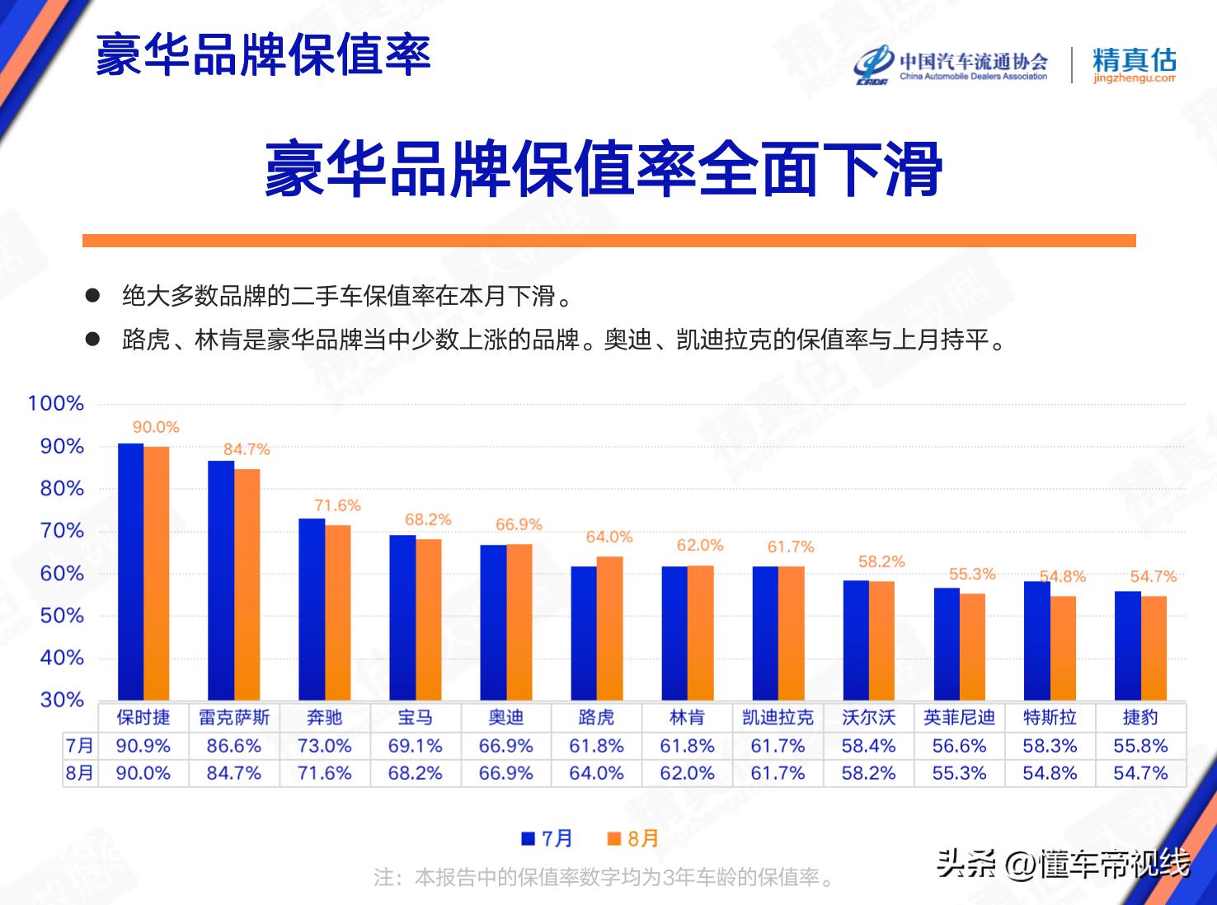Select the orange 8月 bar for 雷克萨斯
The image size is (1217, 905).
click(247, 584)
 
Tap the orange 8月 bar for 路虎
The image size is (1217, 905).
click(609, 628)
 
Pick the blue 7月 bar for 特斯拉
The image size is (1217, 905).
click(1036, 640)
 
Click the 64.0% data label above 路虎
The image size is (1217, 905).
click(609, 537)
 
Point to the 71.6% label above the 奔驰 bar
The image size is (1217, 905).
click(337, 505)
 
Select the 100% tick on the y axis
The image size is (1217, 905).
click(56, 403)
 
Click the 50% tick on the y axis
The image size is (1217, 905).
click(62, 616)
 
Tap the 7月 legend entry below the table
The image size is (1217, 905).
click(547, 838)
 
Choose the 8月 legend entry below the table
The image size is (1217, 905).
click(633, 838)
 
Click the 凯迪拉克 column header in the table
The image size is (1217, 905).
click(778, 717)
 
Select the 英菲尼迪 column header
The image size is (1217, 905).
click(959, 717)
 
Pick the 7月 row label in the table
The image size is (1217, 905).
click(80, 746)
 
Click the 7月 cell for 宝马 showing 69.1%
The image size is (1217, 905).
click(415, 746)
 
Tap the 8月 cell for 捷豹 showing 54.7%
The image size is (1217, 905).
click(1140, 773)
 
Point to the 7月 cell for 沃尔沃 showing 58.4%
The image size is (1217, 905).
click(868, 746)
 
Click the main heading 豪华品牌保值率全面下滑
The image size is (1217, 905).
click(604, 170)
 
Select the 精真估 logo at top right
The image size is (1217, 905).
click(1134, 65)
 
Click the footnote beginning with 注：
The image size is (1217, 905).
click(604, 877)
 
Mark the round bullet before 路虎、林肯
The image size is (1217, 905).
click(93, 338)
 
